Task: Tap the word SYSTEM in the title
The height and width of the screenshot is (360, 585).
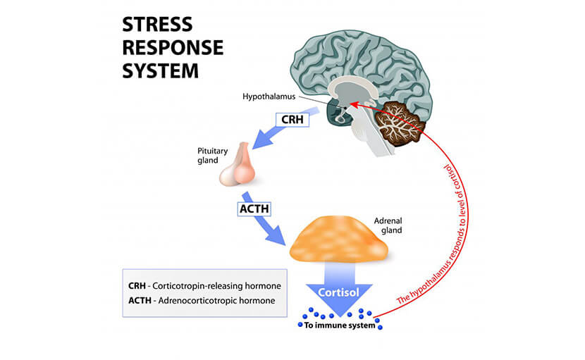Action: tap(161, 71)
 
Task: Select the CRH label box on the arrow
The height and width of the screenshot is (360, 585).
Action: tap(292, 120)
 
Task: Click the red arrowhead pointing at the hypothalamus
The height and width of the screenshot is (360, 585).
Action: tap(352, 104)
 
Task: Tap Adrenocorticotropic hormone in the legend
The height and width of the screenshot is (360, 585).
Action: tap(225, 301)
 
